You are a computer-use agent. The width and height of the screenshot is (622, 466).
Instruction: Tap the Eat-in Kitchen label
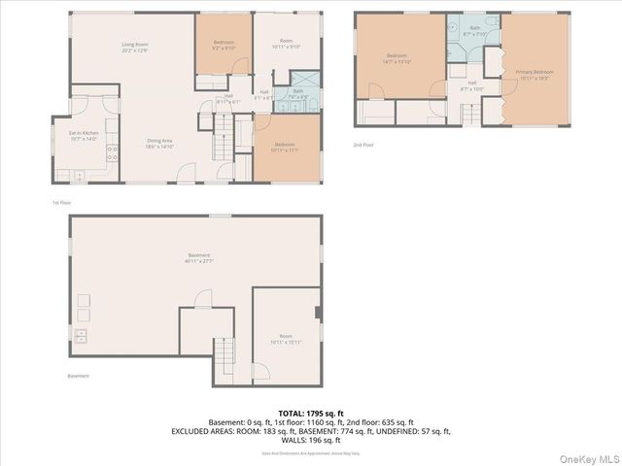click(x=83, y=136)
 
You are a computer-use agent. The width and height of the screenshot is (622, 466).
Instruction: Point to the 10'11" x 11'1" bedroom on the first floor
click(x=285, y=148)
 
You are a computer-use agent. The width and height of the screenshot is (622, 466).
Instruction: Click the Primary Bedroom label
click(x=535, y=75)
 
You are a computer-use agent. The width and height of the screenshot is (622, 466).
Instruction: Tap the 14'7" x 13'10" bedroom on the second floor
click(x=399, y=58)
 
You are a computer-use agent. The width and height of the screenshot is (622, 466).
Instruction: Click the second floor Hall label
click(x=471, y=85)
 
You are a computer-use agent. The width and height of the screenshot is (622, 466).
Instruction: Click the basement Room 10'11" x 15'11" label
click(x=286, y=340)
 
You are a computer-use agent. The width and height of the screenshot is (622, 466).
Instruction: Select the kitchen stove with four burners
click(x=112, y=151)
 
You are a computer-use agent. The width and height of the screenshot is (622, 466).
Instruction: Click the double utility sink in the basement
click(x=80, y=337)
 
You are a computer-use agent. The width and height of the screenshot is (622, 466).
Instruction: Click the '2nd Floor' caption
click(x=364, y=145)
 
